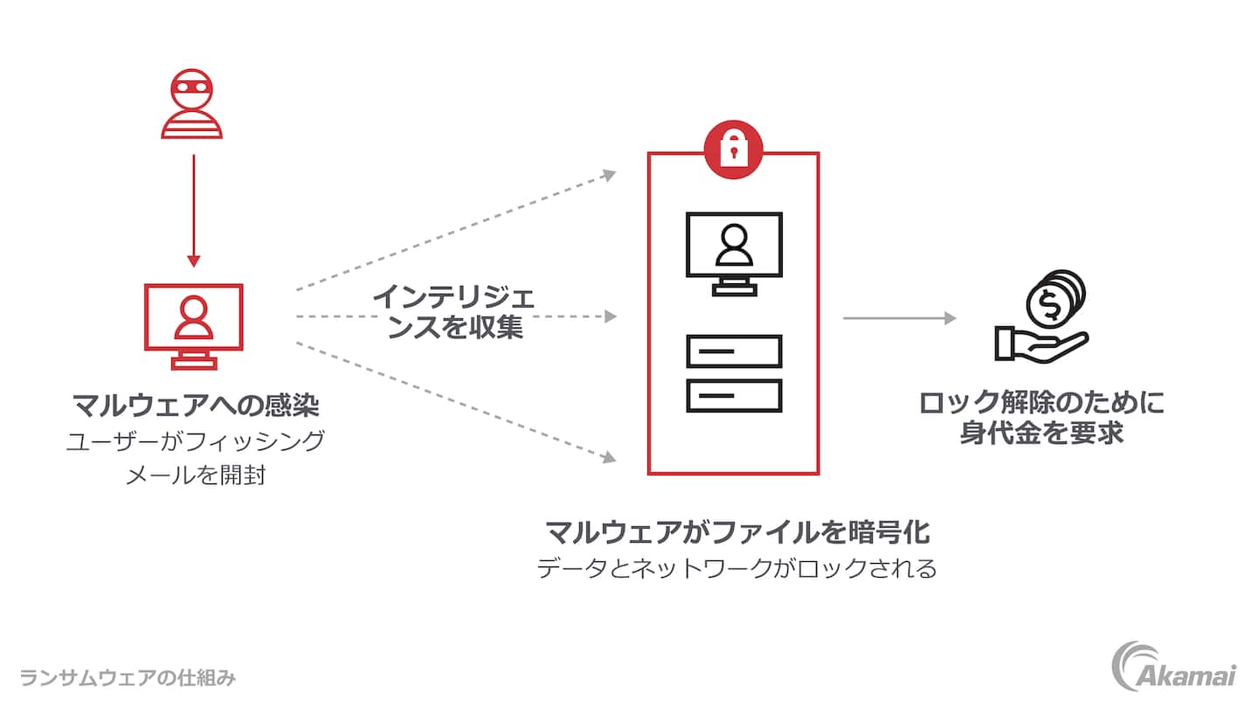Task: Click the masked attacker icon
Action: (x=192, y=106)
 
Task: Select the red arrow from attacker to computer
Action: (x=193, y=210)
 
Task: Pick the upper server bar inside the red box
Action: (x=734, y=351)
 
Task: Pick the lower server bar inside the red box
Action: (x=734, y=396)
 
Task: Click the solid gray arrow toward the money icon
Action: (x=900, y=318)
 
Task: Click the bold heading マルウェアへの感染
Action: (x=195, y=406)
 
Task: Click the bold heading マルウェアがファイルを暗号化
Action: (x=736, y=531)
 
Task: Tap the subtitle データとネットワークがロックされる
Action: (x=736, y=569)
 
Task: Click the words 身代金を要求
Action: (x=1041, y=433)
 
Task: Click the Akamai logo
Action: (x=1173, y=666)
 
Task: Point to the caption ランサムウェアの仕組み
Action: (x=128, y=677)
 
